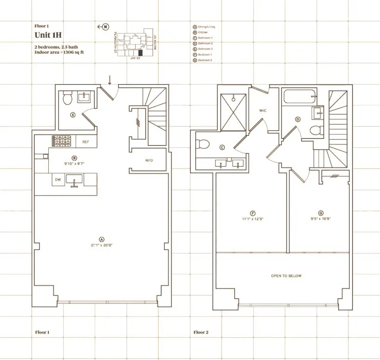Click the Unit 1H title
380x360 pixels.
click(47, 36)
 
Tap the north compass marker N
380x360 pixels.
click(105, 27)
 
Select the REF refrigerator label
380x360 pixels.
click(85, 142)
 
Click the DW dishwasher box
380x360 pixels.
click(58, 179)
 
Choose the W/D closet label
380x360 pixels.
click(149, 161)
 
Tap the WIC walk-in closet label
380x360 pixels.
click(262, 111)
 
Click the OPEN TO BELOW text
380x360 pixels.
click(286, 276)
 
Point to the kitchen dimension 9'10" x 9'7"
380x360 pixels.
click(74, 164)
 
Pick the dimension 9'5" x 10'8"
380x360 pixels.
click(320, 218)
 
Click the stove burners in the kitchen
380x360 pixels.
click(60, 141)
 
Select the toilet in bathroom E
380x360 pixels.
click(66, 98)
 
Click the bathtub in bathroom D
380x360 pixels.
click(299, 97)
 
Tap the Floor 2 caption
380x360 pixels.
click(201, 333)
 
